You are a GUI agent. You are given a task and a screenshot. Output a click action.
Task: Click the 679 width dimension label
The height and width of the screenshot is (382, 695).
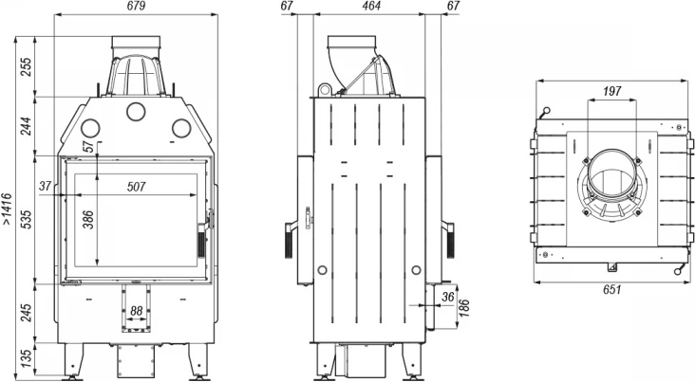coord(136,7)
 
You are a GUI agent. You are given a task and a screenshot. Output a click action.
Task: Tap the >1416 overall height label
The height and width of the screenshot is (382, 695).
coord(7,209)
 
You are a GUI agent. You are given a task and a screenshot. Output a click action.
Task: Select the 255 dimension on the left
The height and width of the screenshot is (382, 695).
coord(27,67)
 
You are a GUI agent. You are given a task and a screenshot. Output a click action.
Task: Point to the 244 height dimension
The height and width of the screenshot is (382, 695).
coord(27,126)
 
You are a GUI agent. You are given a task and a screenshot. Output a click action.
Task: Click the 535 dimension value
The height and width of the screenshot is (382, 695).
coord(27,220)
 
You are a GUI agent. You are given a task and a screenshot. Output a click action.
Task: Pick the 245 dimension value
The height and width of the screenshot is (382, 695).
coord(27,313)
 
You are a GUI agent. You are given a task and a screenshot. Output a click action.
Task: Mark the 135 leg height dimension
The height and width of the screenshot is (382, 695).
coord(27,358)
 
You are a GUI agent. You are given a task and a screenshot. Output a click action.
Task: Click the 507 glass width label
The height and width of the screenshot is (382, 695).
coord(136,187)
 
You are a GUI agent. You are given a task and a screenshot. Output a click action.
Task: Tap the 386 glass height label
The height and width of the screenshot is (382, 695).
coord(88,220)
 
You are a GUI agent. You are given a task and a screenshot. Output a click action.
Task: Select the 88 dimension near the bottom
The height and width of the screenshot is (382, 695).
coord(136,311)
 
